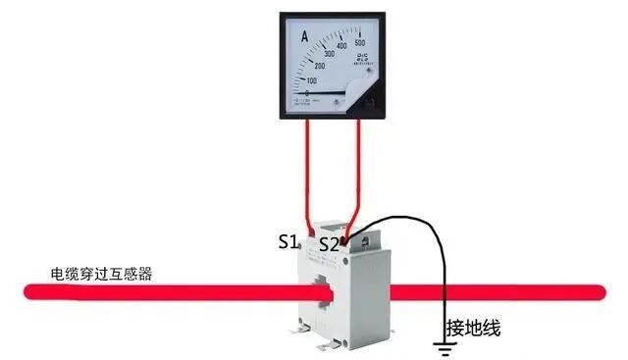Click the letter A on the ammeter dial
(x=304, y=36)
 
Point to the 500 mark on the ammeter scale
(x=359, y=43)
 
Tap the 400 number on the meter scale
(x=340, y=45)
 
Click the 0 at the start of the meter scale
(x=307, y=93)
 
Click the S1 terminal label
(x=287, y=240)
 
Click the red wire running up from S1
(x=309, y=177)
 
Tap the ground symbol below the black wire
(x=446, y=344)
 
